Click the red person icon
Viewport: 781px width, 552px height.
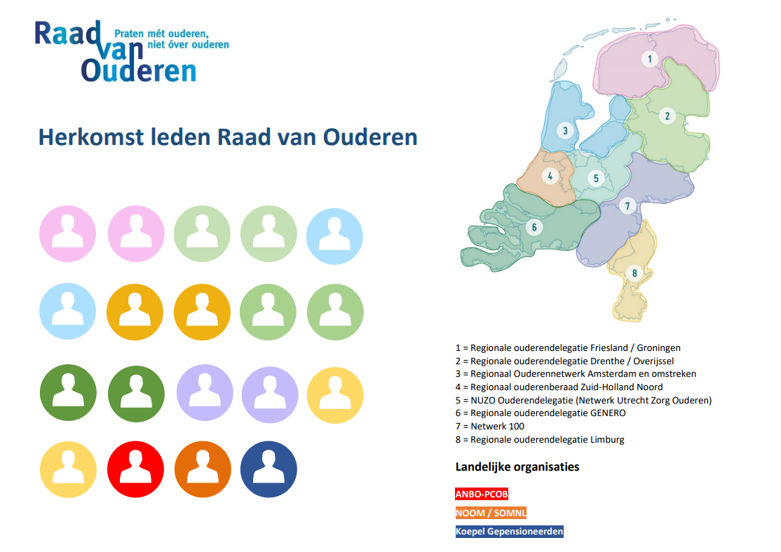pyautogui.click(x=135, y=469)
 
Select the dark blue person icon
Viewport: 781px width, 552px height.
pyautogui.click(x=269, y=469)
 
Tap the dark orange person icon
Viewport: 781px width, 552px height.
pyautogui.click(x=203, y=469)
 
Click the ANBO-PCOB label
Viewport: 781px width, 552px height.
pyautogui.click(x=482, y=495)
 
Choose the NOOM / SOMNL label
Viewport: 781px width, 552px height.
pyautogui.click(x=491, y=513)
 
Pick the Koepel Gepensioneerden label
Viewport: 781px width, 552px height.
pyautogui.click(x=509, y=532)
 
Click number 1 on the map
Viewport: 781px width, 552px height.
pyautogui.click(x=649, y=60)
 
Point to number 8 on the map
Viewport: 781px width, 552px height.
pyautogui.click(x=634, y=272)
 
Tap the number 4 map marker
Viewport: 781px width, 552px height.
pyautogui.click(x=550, y=177)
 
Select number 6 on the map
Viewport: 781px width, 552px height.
pyautogui.click(x=534, y=228)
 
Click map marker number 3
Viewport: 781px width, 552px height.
pyautogui.click(x=565, y=131)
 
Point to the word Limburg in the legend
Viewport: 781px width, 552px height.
pyautogui.click(x=607, y=439)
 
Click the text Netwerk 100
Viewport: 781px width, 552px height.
pyautogui.click(x=497, y=426)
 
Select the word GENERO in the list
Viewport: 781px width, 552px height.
pyautogui.click(x=608, y=413)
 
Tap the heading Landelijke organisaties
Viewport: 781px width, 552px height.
pyautogui.click(x=517, y=467)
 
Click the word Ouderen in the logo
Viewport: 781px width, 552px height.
pyautogui.click(x=139, y=71)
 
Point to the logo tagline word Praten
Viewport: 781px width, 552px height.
pyautogui.click(x=129, y=34)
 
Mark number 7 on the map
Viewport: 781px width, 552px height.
pyautogui.click(x=627, y=205)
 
